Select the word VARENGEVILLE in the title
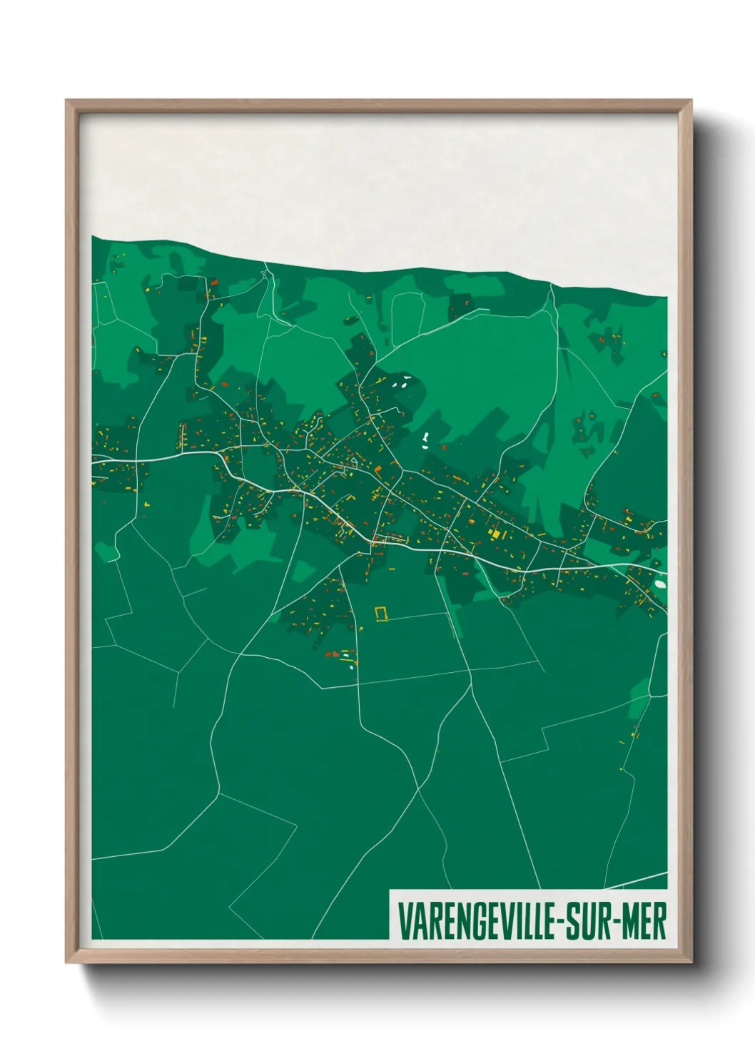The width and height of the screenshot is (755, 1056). click(x=477, y=921)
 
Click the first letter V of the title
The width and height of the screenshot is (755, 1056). click(x=404, y=921)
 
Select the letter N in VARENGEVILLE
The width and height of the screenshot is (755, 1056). click(x=457, y=921)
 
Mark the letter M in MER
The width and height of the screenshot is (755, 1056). click(x=630, y=921)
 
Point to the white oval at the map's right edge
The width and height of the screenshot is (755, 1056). click(x=661, y=584)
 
